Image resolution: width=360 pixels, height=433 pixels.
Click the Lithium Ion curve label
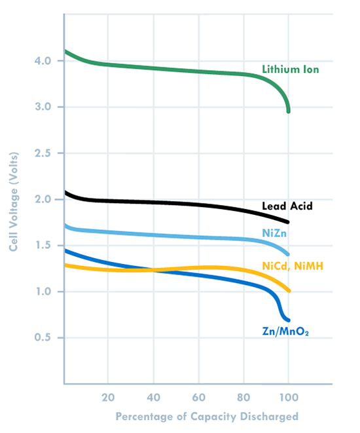coord(291,69)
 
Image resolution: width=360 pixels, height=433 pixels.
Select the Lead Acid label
coord(288,206)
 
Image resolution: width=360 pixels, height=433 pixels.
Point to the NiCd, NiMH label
coord(293,265)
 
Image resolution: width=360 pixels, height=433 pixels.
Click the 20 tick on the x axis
coord(109,396)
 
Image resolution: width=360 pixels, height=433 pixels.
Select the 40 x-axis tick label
coord(154,396)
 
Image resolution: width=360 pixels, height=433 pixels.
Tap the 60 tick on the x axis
coord(198,396)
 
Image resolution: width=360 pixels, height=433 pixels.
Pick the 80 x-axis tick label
coord(243,396)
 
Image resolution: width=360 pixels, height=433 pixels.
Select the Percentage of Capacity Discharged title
coord(207,417)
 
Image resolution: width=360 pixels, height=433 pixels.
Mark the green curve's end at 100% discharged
coord(288,111)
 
